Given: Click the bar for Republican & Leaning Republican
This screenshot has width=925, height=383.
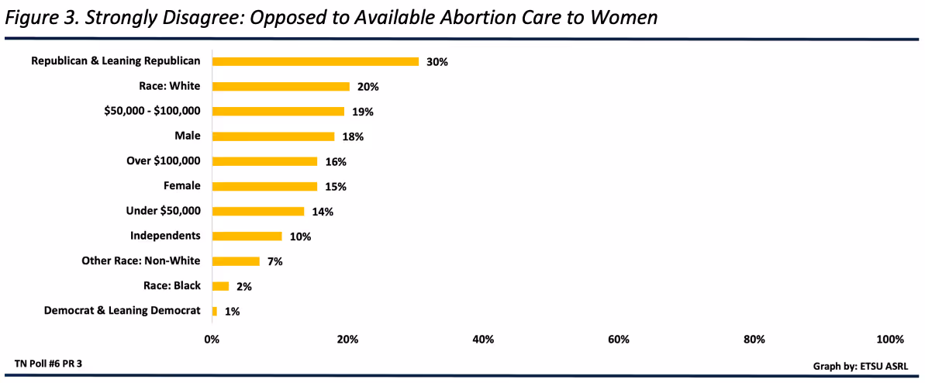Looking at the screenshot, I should (315, 61).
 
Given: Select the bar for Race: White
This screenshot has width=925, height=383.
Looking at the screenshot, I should (281, 87).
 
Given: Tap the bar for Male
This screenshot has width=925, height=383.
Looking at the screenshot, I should (273, 136).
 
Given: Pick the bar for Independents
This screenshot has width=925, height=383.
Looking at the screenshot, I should (247, 236).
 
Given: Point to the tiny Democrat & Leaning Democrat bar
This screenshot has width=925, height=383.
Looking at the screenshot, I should (215, 311).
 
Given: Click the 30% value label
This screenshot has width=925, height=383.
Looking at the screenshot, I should (437, 62).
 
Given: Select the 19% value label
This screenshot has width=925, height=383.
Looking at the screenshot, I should (362, 112).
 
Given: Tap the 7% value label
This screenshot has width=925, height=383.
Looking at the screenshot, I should (274, 261).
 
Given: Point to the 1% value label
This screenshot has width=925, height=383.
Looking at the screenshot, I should (232, 311).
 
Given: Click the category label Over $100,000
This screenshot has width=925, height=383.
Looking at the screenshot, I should (163, 161).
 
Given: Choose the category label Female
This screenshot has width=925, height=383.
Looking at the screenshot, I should (181, 186).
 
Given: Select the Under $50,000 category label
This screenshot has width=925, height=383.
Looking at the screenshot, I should (163, 211).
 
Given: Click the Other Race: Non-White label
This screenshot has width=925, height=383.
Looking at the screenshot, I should (140, 261).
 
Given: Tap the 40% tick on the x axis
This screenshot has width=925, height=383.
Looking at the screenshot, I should (483, 340).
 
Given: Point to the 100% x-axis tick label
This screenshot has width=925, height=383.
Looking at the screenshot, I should (889, 340).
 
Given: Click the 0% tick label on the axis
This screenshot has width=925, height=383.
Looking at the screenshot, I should (212, 340).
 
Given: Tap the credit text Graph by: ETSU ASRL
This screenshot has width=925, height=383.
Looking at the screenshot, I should (861, 365).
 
